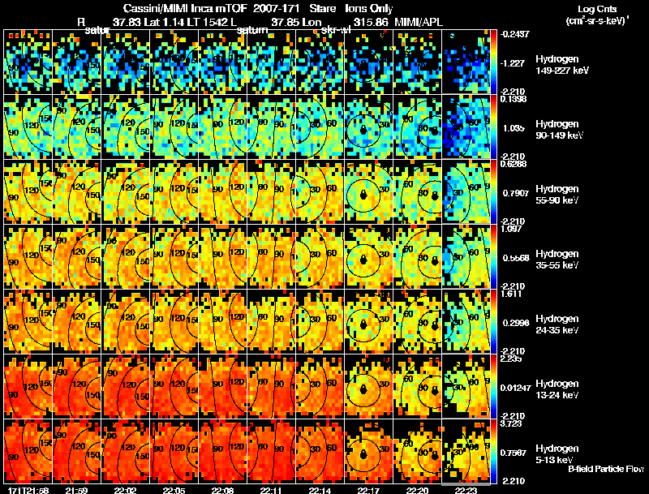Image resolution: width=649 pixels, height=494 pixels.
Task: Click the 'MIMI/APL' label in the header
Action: point(419,22)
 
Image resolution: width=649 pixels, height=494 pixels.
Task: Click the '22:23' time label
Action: point(466,490)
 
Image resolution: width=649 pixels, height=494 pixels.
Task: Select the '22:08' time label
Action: point(221,490)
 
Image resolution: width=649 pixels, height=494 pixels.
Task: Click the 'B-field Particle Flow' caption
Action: point(606,469)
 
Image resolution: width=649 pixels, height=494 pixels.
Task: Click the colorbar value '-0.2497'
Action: point(515,34)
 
